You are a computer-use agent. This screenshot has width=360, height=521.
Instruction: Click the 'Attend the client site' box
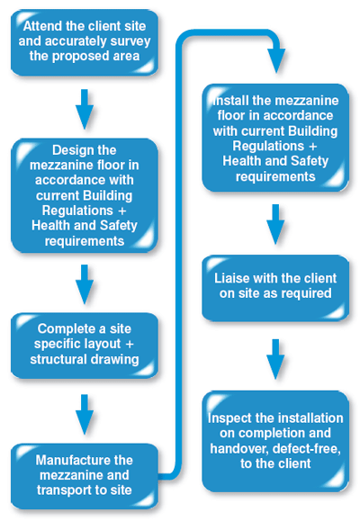[85, 42]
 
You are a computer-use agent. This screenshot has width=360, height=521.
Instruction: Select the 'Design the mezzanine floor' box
[85, 195]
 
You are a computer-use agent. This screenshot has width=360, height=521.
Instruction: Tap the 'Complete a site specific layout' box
[85, 346]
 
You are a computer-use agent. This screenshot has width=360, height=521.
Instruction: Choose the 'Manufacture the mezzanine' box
[85, 476]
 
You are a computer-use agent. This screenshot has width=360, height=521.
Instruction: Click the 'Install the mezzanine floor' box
[275, 138]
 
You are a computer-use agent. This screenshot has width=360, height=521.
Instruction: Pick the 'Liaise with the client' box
[275, 288]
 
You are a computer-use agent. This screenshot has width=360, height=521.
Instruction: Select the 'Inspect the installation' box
[275, 441]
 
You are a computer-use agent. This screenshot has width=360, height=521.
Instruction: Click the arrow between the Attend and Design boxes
[85, 109]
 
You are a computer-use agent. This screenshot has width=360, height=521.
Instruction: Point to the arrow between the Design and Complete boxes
[85, 284]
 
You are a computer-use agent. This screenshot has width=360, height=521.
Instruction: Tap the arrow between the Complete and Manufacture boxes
[85, 414]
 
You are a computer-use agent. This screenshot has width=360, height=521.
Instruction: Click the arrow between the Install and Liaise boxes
[275, 224]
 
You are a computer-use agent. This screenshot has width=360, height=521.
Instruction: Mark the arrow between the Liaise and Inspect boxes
[275, 359]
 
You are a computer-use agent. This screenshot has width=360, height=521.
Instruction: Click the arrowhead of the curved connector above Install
[276, 61]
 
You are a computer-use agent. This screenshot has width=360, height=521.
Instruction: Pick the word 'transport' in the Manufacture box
[61, 490]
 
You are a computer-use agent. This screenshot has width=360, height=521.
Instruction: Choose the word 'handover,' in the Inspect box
[239, 449]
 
